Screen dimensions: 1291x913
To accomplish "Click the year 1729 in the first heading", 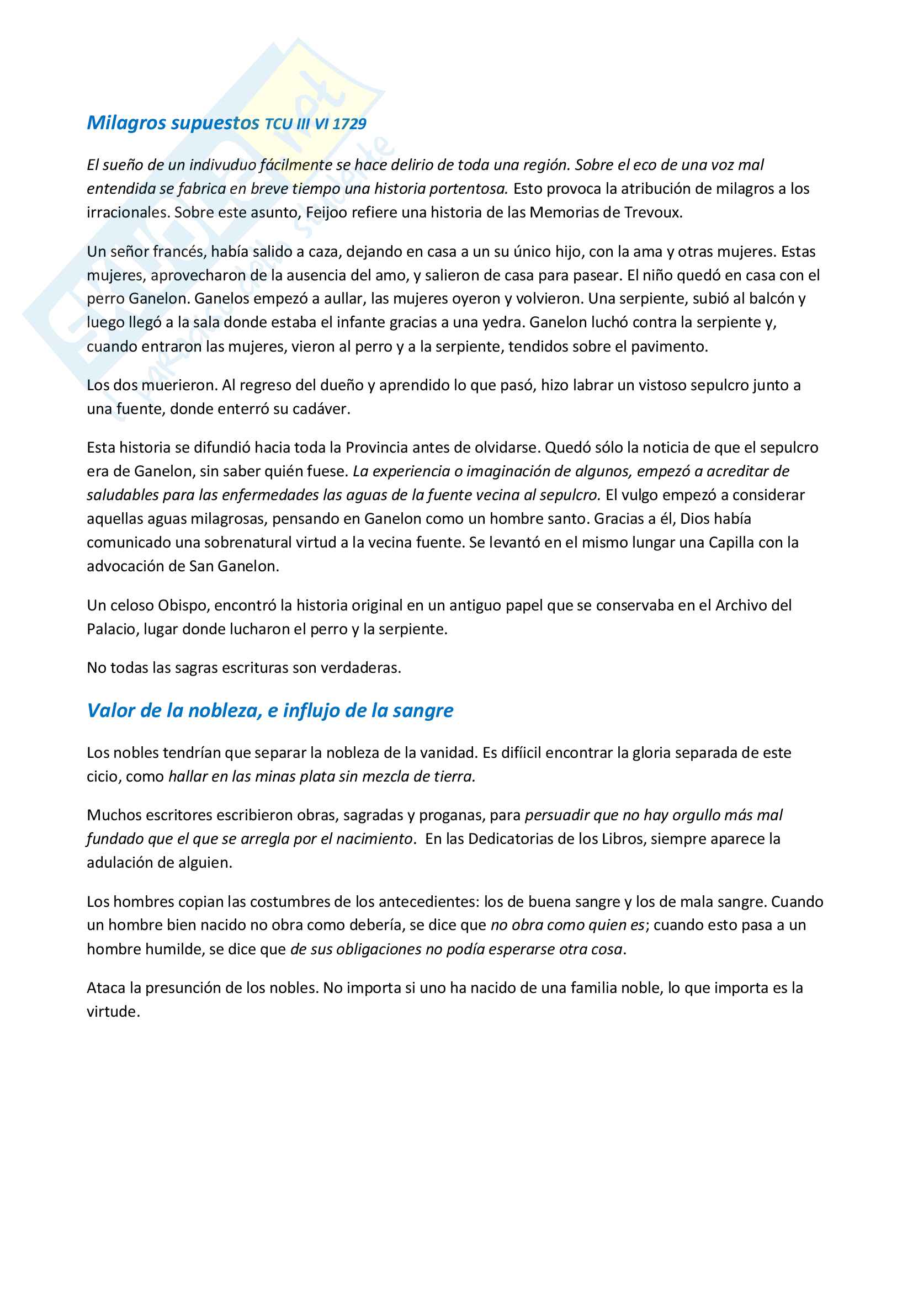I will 349,124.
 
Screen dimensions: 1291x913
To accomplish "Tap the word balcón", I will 774,299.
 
